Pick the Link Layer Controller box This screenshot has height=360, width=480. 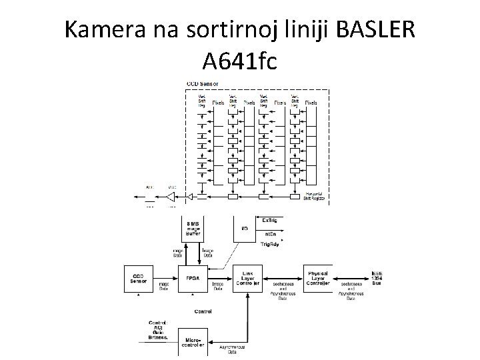click(248, 277)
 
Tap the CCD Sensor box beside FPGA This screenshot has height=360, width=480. click(137, 277)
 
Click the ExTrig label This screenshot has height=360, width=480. click(271, 220)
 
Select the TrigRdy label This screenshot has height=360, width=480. click(271, 245)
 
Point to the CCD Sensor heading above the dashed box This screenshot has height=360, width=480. click(203, 84)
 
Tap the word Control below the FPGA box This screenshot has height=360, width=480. click(203, 311)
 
